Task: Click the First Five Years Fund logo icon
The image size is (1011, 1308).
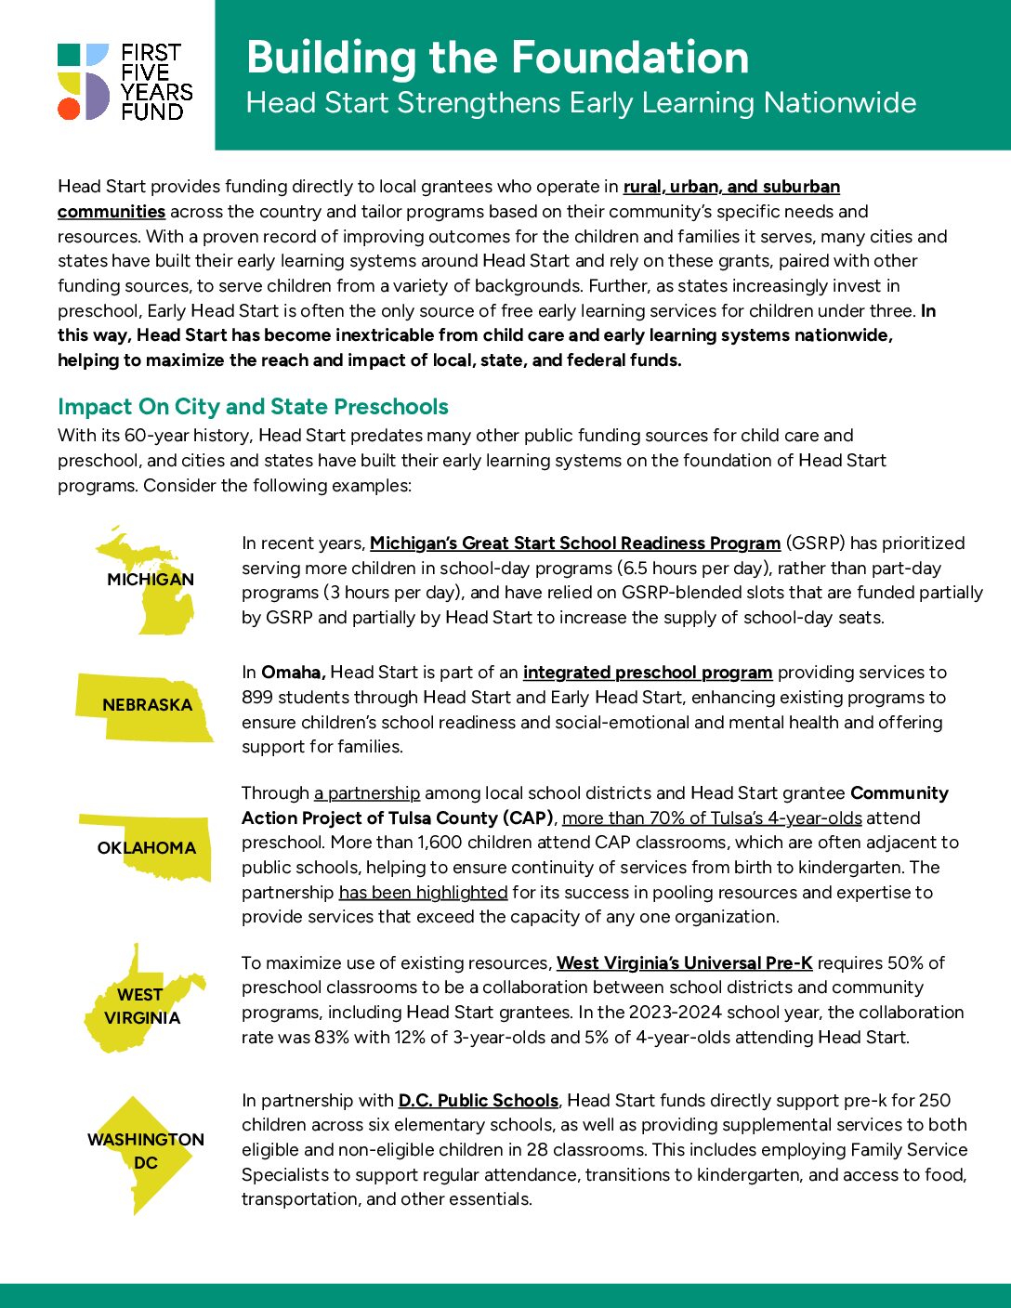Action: pos(84,82)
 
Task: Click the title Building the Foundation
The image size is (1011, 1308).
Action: pos(497,58)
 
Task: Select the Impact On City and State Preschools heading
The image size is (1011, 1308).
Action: pos(253,407)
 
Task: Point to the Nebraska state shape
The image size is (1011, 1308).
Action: pos(144,706)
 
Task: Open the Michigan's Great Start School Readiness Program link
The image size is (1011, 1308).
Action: pos(574,543)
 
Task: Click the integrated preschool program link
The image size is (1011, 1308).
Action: pos(647,673)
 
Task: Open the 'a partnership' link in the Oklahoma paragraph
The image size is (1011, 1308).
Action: pos(367,793)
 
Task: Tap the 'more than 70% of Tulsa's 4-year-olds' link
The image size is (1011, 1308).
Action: pos(712,818)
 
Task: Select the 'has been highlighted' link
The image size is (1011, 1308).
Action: pos(423,893)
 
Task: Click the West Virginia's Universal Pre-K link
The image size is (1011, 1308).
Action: pos(684,963)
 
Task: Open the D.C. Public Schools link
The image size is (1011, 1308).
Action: pos(478,1101)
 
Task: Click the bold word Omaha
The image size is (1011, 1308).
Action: pos(293,673)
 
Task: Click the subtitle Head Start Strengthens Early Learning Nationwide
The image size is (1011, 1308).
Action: pos(581,103)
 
